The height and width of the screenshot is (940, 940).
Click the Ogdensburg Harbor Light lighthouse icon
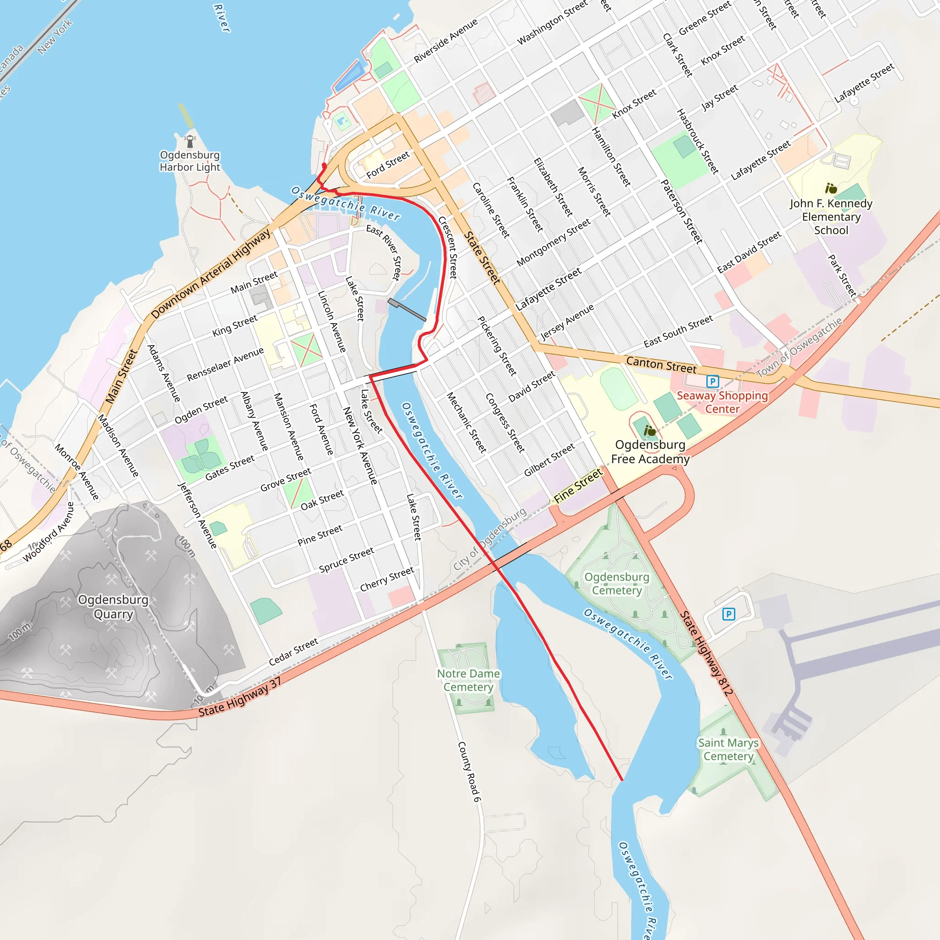pos(190,141)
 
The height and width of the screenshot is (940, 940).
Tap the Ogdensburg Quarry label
pos(113,606)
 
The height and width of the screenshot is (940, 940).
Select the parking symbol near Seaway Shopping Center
pos(712,381)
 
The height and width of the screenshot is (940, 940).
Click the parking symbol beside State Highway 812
pos(728,614)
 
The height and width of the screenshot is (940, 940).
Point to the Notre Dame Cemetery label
pos(468,680)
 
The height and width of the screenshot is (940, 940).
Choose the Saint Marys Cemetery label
pos(728,749)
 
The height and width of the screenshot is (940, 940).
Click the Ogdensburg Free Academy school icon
pos(649,431)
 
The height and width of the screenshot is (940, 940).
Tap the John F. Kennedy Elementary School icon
pos(831,188)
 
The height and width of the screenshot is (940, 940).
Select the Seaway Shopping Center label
pos(722,402)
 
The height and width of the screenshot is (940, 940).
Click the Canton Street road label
pos(661,364)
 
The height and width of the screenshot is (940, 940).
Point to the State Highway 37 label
pos(240,697)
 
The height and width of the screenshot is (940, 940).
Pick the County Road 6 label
pos(469,772)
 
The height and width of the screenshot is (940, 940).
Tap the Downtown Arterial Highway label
pos(211,274)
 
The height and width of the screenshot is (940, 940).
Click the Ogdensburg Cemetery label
pos(616,583)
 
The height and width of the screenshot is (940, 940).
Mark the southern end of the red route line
pos(621,779)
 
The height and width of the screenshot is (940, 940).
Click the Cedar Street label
pos(293,651)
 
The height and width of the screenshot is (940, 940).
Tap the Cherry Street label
pos(387,579)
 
